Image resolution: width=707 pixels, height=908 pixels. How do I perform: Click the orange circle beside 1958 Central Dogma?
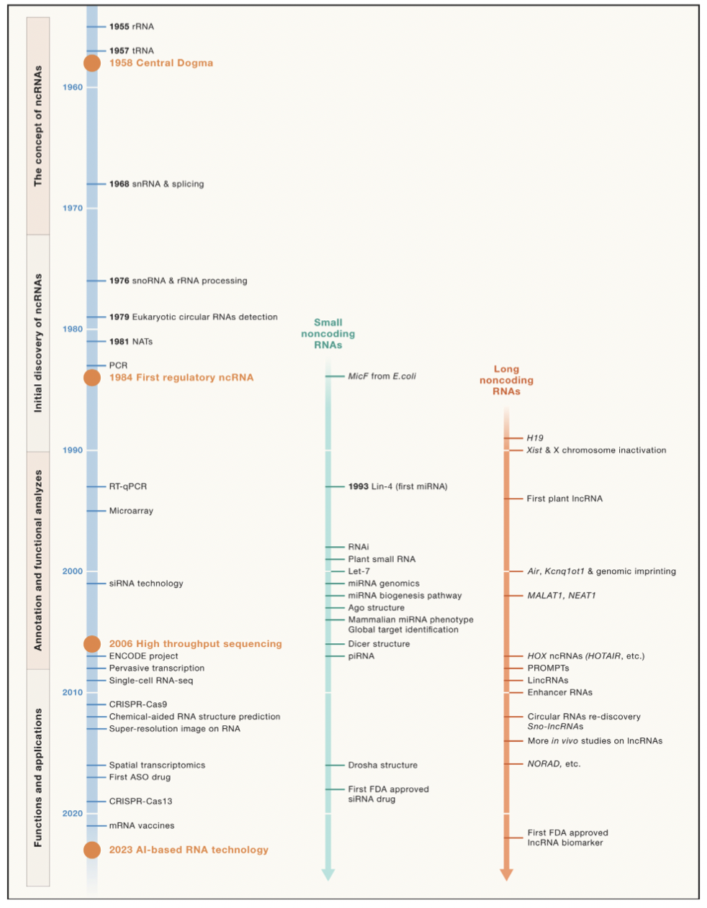click(x=92, y=63)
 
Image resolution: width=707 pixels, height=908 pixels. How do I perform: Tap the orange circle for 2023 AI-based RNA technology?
click(x=92, y=850)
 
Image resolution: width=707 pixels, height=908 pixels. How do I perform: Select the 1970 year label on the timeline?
click(x=73, y=209)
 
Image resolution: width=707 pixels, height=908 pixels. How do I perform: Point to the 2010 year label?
click(x=73, y=693)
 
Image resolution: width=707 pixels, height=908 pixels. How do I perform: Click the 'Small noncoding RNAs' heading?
click(x=328, y=334)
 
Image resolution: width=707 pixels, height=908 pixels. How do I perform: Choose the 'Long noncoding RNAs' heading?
click(x=506, y=380)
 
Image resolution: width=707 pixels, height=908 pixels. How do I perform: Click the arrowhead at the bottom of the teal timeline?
click(x=328, y=874)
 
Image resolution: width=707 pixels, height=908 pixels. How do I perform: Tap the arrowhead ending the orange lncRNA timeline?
click(x=506, y=874)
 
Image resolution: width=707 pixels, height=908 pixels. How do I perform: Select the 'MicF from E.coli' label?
click(x=382, y=376)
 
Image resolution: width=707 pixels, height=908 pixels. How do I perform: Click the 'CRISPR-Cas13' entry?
click(x=140, y=802)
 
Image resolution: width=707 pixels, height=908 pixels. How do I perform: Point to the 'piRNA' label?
click(x=361, y=656)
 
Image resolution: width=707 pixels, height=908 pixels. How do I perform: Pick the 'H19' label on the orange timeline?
click(x=535, y=438)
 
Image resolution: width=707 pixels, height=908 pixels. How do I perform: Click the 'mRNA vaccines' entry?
click(x=141, y=826)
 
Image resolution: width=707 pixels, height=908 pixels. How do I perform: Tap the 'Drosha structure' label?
click(x=382, y=766)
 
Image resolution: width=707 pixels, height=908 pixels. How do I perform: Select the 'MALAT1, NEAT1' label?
click(x=562, y=596)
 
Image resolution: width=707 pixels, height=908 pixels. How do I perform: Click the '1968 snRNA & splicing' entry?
click(x=156, y=184)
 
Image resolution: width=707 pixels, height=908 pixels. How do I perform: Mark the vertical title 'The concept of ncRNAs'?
click(x=38, y=126)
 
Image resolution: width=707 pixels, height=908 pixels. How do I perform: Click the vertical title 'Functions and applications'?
click(x=38, y=777)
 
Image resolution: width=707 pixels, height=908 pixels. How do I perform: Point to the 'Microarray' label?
click(x=131, y=511)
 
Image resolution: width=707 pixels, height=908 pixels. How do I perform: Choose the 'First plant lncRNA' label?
click(x=564, y=499)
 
